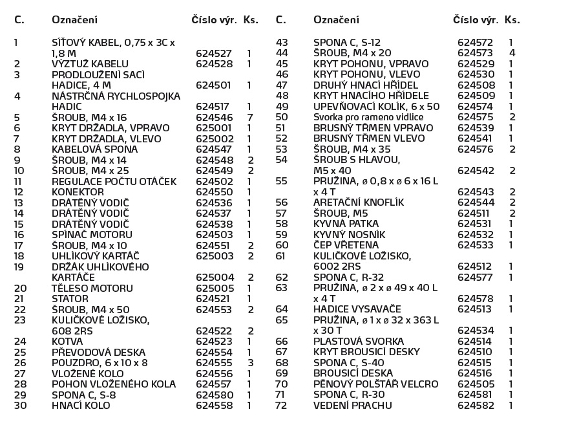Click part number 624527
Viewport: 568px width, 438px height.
coord(213,54)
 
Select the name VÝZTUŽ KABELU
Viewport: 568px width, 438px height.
coord(90,64)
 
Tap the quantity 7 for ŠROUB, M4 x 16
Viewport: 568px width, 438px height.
coord(249,118)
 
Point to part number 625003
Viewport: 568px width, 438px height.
coord(213,256)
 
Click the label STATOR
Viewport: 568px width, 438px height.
coord(68,299)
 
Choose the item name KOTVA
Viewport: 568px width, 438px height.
coord(67,342)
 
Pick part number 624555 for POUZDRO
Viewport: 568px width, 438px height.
coord(213,363)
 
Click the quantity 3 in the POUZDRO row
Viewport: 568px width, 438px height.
coord(249,363)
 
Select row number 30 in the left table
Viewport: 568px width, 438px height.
coord(20,406)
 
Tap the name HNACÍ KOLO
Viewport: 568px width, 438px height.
coord(81,406)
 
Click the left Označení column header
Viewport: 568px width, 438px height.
coord(74,20)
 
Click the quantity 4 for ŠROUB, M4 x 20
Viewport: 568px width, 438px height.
coord(512,53)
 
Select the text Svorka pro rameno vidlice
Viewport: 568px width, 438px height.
coord(368,117)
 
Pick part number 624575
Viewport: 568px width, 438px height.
coord(475,117)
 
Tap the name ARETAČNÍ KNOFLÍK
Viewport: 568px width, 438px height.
coord(359,203)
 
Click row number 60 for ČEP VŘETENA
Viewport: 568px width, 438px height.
coord(282,245)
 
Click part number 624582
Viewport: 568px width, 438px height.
coord(475,406)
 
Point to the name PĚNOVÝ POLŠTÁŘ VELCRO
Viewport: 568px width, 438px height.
coord(376,384)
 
